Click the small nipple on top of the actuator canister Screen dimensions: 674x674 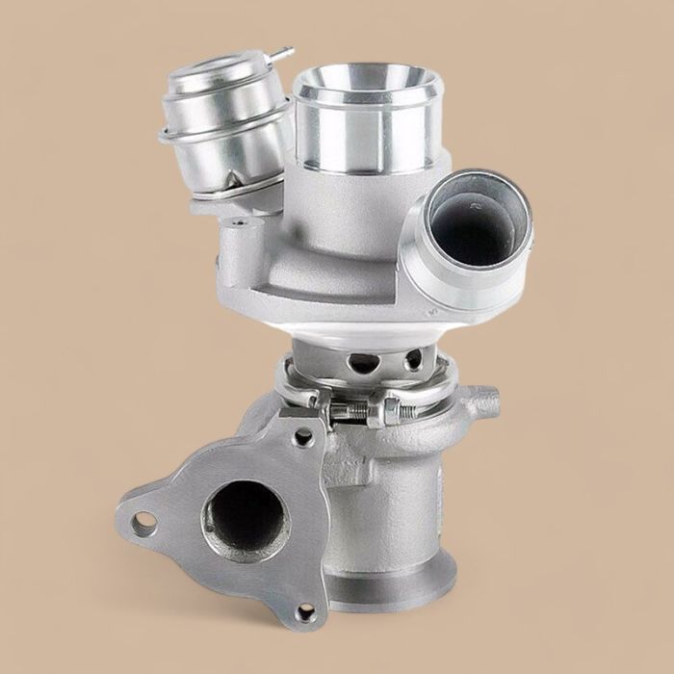tap(280, 53)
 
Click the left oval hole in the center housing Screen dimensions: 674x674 tap(364, 363)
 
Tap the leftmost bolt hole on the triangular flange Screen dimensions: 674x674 tap(144, 524)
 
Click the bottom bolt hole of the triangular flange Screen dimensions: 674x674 tap(306, 610)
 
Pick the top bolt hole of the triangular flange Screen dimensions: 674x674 tap(303, 436)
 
